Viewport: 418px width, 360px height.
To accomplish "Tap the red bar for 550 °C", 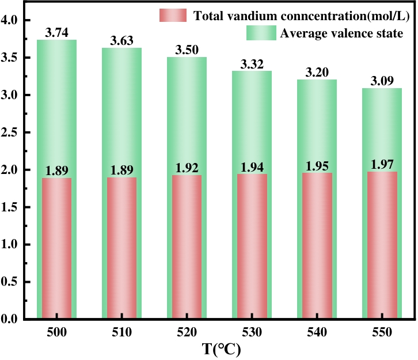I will (x=382, y=245).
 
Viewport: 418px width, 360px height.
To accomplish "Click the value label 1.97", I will (x=382, y=165).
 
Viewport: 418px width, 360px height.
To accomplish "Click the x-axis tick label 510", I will (x=122, y=333).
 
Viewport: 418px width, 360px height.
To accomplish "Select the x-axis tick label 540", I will (x=317, y=333).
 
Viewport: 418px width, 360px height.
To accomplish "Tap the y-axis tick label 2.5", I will (x=12, y=132).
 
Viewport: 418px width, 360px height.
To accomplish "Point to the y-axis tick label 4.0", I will (x=12, y=21).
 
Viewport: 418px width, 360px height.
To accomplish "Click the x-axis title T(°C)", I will (x=219, y=349).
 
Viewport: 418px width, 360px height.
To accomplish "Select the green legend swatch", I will (x=261, y=33).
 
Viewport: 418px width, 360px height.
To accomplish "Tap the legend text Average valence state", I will (x=341, y=33).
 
